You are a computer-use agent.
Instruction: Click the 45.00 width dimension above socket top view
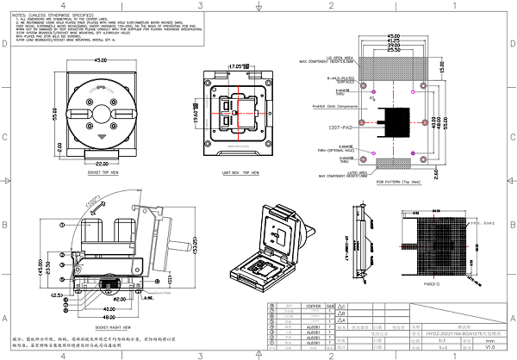[100, 60]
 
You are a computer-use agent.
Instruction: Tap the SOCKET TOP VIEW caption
[103, 172]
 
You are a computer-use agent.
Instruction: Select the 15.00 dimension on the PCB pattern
[443, 65]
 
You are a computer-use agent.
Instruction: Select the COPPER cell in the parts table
[313, 306]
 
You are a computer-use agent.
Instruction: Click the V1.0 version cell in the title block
[489, 347]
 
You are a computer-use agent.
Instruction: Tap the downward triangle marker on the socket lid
[101, 135]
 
